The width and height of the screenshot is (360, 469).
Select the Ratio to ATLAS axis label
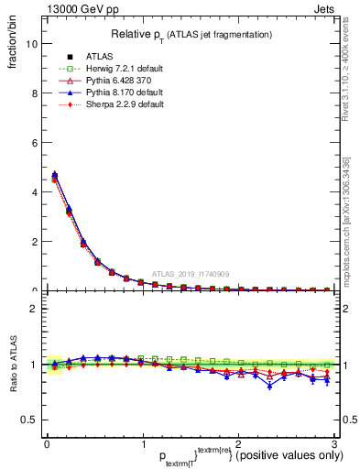coord(13,365)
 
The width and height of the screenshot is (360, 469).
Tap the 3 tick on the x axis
coord(333,442)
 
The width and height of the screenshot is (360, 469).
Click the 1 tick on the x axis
coord(142,442)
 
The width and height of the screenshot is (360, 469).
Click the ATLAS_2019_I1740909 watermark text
coord(190,274)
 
